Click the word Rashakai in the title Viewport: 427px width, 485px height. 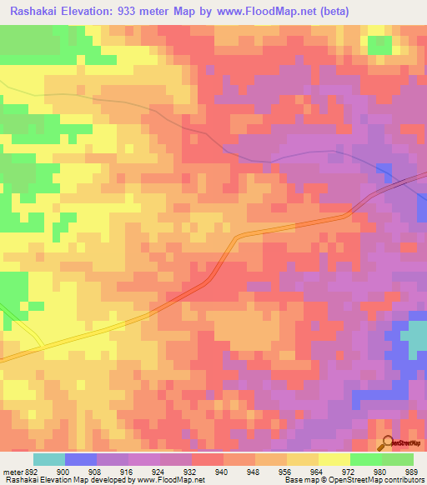coord(34,11)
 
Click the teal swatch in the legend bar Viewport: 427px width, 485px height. coord(49,459)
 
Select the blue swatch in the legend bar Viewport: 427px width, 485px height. coord(81,459)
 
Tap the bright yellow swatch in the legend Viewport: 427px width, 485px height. coord(334,459)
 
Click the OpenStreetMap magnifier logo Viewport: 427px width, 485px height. coord(387,444)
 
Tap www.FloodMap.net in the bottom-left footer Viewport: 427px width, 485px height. coord(170,480)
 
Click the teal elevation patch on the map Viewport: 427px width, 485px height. coord(414,339)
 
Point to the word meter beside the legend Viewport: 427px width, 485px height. coord(12,472)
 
